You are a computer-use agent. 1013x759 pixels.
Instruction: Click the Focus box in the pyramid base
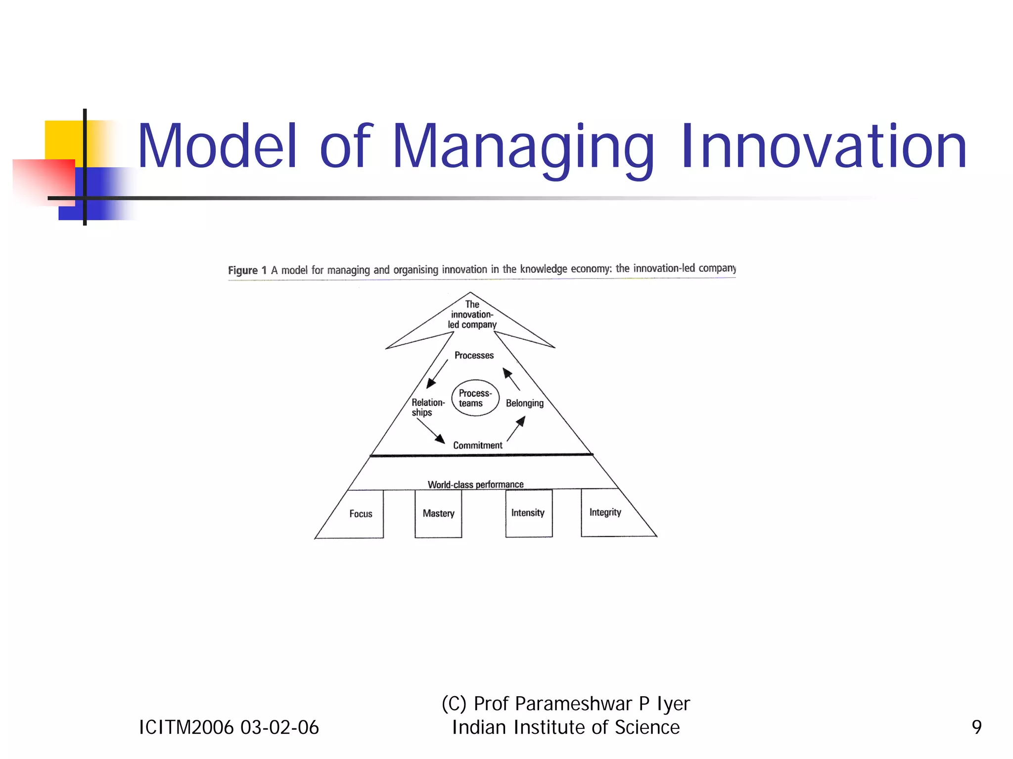click(x=361, y=514)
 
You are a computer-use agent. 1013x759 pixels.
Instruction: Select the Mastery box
click(x=438, y=513)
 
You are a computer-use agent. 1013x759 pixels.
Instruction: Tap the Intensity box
click(x=528, y=513)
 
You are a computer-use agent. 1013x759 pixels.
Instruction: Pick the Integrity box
click(x=605, y=512)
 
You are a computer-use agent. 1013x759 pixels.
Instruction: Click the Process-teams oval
click(x=475, y=398)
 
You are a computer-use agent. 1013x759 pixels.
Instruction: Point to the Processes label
click(x=474, y=355)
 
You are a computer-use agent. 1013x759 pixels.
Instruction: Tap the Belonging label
click(x=524, y=403)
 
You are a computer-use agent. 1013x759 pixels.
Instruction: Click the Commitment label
click(x=477, y=445)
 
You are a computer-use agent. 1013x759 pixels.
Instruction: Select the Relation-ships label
click(x=427, y=407)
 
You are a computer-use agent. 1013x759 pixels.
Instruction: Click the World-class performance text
click(x=475, y=484)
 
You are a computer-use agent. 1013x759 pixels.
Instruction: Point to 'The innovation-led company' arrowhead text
click(x=472, y=315)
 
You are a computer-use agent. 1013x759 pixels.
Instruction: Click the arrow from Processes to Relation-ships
click(x=437, y=374)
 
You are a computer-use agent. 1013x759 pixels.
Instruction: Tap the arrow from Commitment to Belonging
click(x=516, y=428)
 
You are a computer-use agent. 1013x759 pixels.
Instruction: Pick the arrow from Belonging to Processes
click(x=511, y=379)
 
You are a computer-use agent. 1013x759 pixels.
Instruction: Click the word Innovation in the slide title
click(x=823, y=147)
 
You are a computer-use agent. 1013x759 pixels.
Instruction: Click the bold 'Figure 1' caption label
click(x=247, y=270)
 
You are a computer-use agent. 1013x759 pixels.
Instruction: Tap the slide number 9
click(x=976, y=727)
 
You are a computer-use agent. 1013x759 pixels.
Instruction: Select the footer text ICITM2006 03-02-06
click(x=229, y=727)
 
